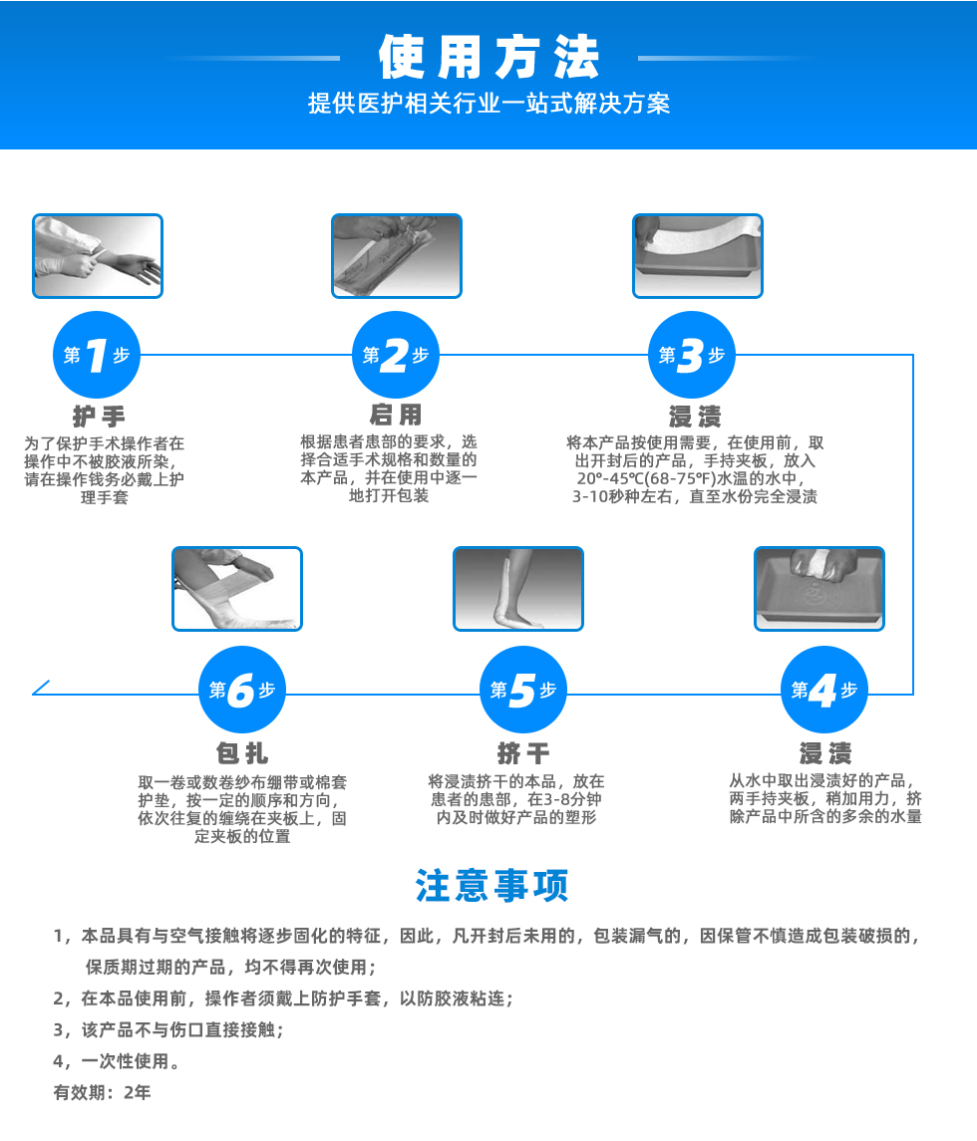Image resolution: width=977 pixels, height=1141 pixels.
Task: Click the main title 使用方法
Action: [488, 58]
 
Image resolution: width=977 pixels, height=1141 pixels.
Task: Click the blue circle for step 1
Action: [97, 356]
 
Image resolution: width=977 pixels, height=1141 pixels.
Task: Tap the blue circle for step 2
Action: [396, 356]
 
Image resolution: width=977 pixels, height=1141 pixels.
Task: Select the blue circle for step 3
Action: [692, 356]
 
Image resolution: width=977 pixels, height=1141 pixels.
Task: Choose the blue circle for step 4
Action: [823, 691]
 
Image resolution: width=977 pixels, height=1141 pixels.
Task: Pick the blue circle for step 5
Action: [523, 691]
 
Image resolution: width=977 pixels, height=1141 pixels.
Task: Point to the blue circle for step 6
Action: [242, 691]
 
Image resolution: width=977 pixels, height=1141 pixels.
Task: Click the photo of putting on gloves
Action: [97, 256]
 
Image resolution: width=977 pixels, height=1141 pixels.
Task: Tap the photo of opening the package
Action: [396, 256]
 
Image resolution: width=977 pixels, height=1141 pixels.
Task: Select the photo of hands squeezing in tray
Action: [818, 588]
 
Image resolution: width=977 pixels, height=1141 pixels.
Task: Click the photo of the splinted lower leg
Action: [517, 588]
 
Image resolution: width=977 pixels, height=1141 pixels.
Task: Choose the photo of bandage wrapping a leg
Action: [236, 588]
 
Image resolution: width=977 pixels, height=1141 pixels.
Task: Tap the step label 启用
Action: [396, 416]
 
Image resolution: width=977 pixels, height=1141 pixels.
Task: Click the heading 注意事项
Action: [491, 885]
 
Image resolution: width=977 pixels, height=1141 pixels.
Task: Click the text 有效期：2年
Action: [102, 1092]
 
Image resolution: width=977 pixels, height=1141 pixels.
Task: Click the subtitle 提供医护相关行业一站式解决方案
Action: [488, 104]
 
